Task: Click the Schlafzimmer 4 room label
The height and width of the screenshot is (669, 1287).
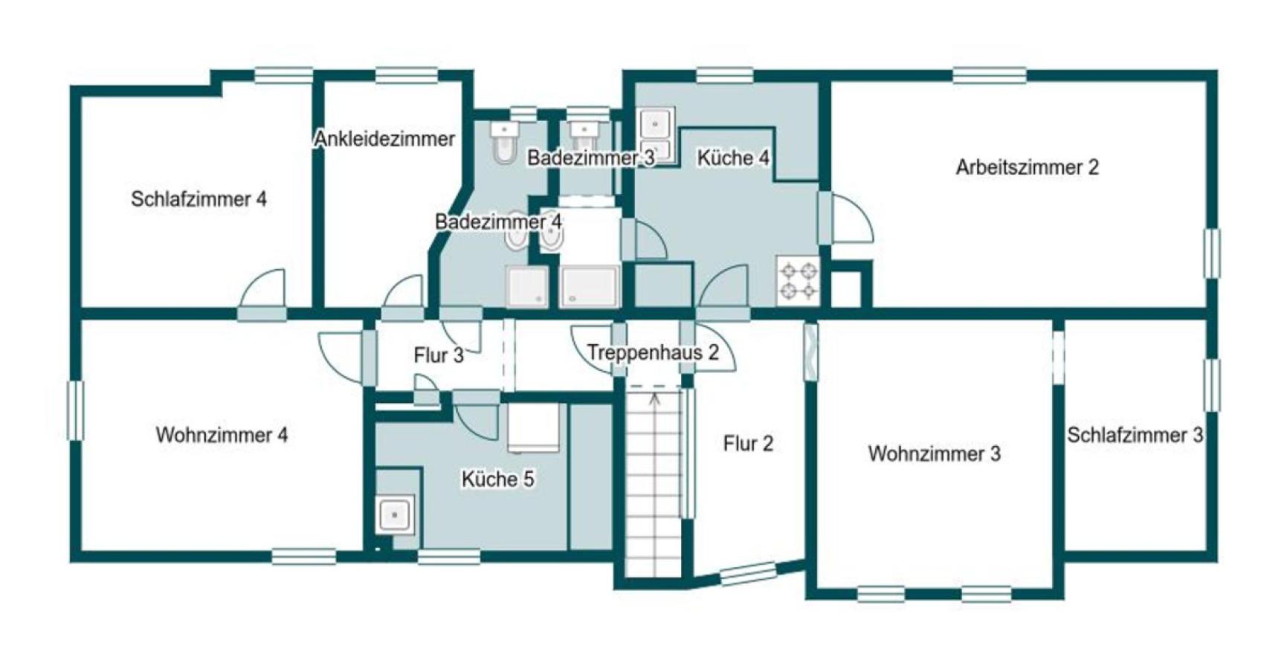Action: [x=199, y=199]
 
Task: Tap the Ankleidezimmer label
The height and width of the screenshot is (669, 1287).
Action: [x=384, y=139]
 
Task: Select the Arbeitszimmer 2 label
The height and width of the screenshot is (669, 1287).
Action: [x=1027, y=167]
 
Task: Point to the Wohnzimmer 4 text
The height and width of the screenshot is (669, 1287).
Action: [x=222, y=435]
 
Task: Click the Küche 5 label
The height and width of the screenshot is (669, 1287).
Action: [x=497, y=479]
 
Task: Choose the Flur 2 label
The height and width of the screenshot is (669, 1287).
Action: [x=748, y=444]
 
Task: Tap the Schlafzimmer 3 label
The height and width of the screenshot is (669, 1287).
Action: [x=1135, y=435]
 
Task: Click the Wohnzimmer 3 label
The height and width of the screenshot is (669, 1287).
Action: [x=934, y=453]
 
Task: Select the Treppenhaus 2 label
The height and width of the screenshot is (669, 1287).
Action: [x=653, y=352]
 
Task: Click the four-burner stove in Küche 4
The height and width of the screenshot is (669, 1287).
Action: [x=798, y=280]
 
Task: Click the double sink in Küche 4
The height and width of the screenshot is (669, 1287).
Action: [x=656, y=135]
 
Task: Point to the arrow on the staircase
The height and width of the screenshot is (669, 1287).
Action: [x=654, y=399]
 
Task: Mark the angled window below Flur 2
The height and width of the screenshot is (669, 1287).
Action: [x=748, y=573]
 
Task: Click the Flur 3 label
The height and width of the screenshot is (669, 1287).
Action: [x=439, y=355]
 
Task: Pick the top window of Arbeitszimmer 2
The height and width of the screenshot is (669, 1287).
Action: [x=989, y=75]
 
